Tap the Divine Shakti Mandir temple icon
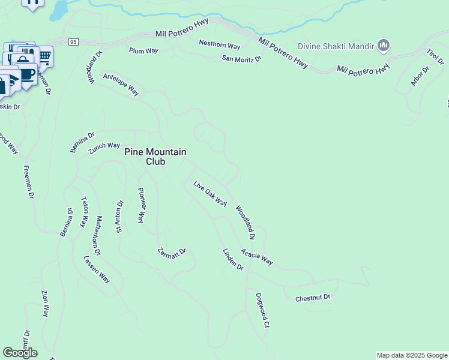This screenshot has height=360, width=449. pos(384,46)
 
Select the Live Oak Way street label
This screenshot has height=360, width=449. pos(210,193)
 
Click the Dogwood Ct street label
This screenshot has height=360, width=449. pos(261,310)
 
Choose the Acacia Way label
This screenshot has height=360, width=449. pos(257,257)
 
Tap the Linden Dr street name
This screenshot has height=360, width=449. pos(233,259)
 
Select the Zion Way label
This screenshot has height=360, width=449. pos(45,304)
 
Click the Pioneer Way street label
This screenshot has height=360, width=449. pos(142,205)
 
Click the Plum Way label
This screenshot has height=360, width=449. pos(143,51)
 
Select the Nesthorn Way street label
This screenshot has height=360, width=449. pos(220,46)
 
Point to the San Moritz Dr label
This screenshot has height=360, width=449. pos(243,59)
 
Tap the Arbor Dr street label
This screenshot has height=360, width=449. pos(420,76)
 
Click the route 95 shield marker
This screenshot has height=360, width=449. pos(73,42)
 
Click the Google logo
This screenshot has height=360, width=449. pos(20,353)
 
